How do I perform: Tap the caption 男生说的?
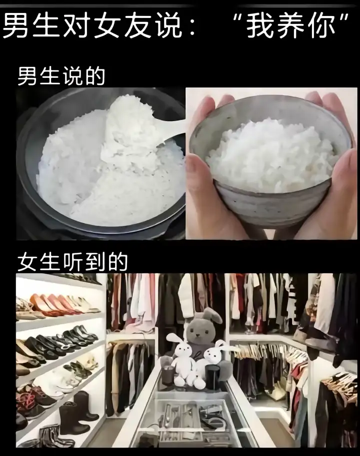coord(61,76)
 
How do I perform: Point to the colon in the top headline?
coord(192,27)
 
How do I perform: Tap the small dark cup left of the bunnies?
coord(168,375)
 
